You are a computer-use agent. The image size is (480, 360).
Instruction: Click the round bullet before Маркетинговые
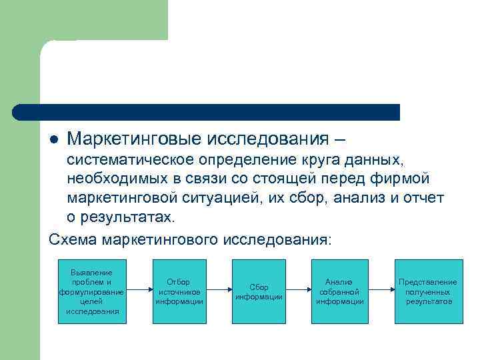[x=55, y=141]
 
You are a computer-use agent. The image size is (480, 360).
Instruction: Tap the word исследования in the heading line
[x=267, y=139]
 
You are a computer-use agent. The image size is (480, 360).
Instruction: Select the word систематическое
[x=132, y=160]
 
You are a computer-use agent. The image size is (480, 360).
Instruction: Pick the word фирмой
[x=404, y=179]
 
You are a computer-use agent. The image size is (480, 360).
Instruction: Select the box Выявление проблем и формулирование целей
[x=92, y=291]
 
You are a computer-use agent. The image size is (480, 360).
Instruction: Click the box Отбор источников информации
[x=179, y=291]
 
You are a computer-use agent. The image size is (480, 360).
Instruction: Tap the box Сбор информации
[x=259, y=291]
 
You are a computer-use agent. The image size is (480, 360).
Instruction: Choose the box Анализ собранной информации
[x=339, y=291]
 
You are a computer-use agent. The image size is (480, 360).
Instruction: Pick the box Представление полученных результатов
[x=427, y=291]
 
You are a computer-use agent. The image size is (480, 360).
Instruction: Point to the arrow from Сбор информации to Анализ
[x=299, y=291]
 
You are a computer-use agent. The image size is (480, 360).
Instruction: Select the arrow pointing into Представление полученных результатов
[x=380, y=291]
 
